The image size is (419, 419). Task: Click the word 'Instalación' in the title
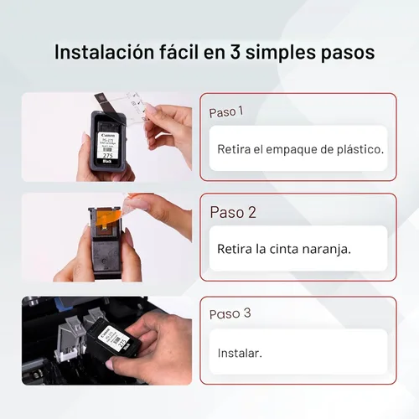[101, 51]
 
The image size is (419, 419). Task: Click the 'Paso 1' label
[226, 111]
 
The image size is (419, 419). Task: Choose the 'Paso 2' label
[232, 212]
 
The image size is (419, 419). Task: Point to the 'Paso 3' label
[230, 314]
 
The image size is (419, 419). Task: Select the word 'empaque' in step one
[297, 149]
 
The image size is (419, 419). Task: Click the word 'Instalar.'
[240, 353]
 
